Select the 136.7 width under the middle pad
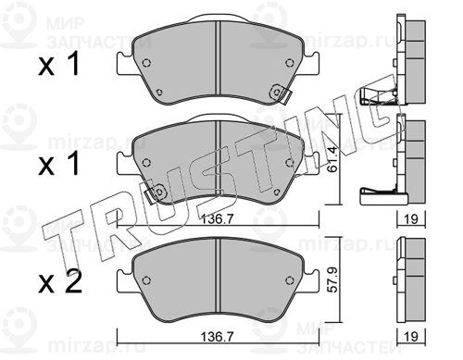tap(217, 219)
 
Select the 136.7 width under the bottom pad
tap(217, 337)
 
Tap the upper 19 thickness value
tap(411, 219)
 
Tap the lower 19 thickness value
tap(411, 337)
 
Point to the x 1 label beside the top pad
tap(58, 64)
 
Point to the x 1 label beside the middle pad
tap(58, 164)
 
